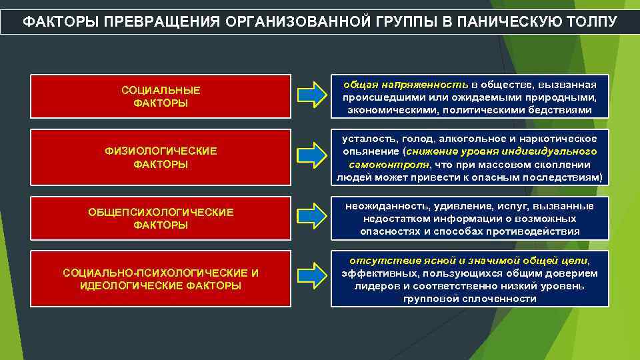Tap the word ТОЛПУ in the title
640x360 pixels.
pyautogui.click(x=596, y=21)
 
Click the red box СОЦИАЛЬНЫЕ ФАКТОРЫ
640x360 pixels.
pyautogui.click(x=161, y=96)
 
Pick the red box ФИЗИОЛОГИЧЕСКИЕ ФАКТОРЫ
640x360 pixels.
pyautogui.click(x=161, y=157)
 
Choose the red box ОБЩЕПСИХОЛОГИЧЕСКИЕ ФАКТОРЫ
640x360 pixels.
pyautogui.click(x=161, y=219)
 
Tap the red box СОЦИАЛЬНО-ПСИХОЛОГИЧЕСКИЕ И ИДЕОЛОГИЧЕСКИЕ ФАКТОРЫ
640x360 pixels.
pyautogui.click(x=161, y=279)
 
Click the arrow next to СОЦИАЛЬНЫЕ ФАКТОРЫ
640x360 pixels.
pyautogui.click(x=311, y=96)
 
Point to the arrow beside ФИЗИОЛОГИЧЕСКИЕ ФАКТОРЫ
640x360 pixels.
pyautogui.click(x=311, y=157)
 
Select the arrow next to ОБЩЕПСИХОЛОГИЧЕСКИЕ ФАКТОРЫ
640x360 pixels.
pyautogui.click(x=311, y=219)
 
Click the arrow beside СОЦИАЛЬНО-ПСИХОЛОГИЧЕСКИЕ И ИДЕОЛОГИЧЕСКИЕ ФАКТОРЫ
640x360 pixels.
pyautogui.click(x=311, y=279)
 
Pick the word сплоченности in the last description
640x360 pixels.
pyautogui.click(x=504, y=299)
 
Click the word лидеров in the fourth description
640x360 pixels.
pyautogui.click(x=373, y=286)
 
